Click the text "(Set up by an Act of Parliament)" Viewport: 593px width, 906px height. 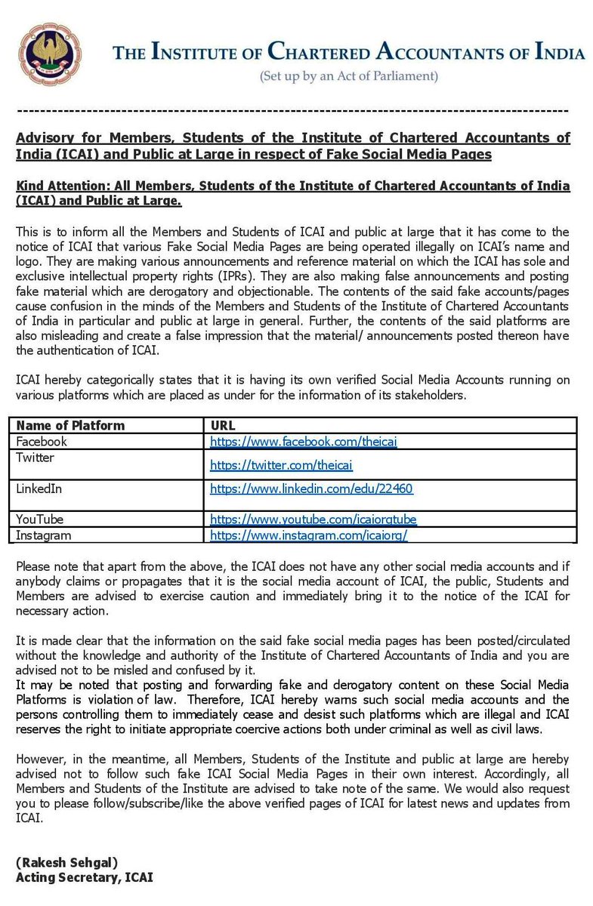point(348,76)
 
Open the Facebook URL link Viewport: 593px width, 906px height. point(304,442)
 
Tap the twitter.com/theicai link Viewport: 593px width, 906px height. point(281,465)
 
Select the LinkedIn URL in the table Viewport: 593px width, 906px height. point(311,488)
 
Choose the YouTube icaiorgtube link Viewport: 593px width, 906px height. point(313,519)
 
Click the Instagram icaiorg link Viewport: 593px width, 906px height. point(308,535)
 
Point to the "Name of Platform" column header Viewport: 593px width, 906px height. point(70,426)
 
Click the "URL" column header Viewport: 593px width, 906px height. point(224,426)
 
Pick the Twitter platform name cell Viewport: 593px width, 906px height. point(36,458)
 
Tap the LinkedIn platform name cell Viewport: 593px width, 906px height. point(39,488)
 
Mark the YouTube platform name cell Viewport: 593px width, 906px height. point(40,519)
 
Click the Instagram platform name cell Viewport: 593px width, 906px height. point(44,535)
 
